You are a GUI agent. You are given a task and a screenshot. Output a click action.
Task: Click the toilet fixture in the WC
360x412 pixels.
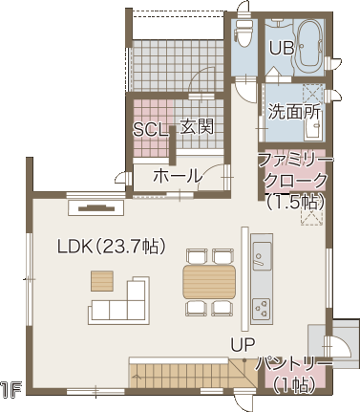click(x=244, y=33)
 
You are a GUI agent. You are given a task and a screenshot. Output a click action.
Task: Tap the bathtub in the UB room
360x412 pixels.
click(x=309, y=48)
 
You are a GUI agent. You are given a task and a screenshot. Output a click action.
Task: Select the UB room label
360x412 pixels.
click(x=282, y=49)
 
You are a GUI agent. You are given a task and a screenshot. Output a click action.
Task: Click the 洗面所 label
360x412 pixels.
click(x=294, y=112)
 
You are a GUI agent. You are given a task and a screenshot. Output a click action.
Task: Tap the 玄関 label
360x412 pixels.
click(x=197, y=127)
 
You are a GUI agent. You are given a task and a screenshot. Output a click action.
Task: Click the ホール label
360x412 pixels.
click(x=178, y=176)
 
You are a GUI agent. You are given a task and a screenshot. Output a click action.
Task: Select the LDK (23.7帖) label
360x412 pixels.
click(x=112, y=246)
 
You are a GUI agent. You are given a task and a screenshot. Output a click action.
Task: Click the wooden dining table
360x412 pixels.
click(x=209, y=282)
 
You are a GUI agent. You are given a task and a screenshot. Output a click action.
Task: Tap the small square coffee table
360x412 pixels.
click(x=102, y=281)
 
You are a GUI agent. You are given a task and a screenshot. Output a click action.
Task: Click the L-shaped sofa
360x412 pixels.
click(x=121, y=304)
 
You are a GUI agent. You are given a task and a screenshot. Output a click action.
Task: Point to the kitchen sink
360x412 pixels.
click(x=262, y=256)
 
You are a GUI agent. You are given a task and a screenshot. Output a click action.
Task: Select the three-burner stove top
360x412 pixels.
click(x=262, y=309)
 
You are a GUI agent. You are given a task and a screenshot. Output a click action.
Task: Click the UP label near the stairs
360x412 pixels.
click(x=243, y=345)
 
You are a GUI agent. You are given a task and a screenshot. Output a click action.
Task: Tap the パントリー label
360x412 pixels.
click(x=294, y=364)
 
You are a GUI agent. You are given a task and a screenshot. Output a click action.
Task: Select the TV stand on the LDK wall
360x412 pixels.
click(x=96, y=207)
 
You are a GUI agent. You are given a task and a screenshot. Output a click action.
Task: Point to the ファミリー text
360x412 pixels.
click(x=296, y=160)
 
